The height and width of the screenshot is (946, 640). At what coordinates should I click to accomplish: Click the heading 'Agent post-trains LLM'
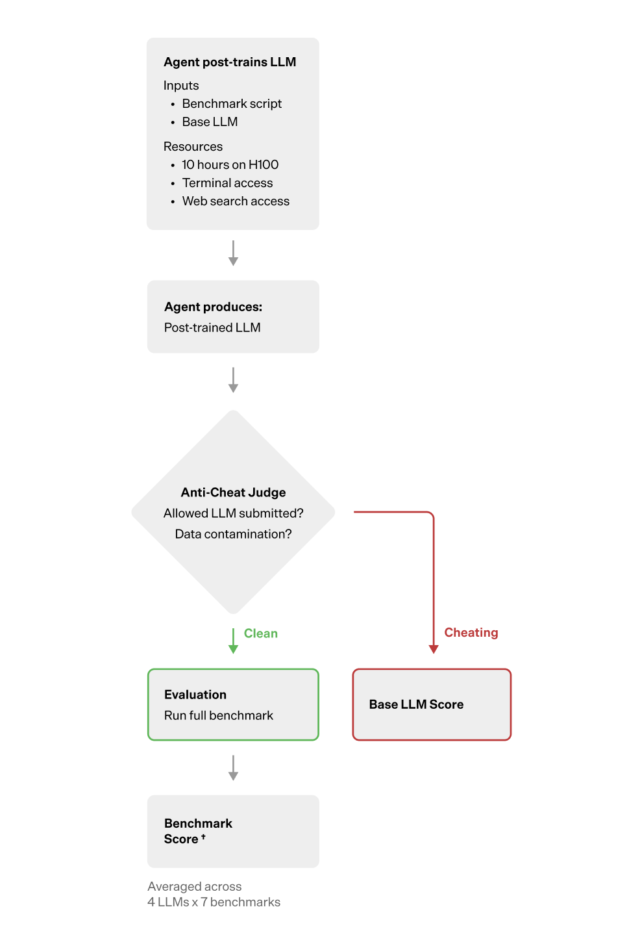point(230,62)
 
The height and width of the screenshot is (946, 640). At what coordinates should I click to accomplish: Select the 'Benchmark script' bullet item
point(232,104)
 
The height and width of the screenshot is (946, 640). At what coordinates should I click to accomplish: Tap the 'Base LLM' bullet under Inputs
point(210,122)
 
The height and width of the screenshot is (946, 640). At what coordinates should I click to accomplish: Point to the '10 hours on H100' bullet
point(230,165)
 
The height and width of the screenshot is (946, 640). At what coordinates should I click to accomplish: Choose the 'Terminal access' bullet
point(227,183)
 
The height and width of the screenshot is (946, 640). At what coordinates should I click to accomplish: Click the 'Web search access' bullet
point(236,201)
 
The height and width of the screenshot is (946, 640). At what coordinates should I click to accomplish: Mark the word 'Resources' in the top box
point(193,147)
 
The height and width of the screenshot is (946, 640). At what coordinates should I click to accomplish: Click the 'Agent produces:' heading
point(213,307)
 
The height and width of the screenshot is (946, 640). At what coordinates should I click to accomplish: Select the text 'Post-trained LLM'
point(212,328)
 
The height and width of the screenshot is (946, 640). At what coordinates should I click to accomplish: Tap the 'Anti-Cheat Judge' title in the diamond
point(233,492)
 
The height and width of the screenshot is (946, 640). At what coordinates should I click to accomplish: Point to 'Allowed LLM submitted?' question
point(233,513)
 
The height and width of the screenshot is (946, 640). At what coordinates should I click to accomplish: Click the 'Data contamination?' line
point(233,534)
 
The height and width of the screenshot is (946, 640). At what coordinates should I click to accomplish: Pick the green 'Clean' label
point(261,633)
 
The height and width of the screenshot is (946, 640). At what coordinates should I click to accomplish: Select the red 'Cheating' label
point(471,633)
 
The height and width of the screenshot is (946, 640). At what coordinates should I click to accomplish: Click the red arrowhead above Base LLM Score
point(434,649)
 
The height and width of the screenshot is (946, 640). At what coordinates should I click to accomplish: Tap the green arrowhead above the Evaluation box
point(233,648)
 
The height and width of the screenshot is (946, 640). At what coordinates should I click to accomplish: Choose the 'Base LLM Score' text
point(416,705)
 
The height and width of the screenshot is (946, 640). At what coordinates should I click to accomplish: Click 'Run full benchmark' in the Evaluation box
point(219,716)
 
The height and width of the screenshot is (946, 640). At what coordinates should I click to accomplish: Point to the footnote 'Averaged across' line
point(194,887)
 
